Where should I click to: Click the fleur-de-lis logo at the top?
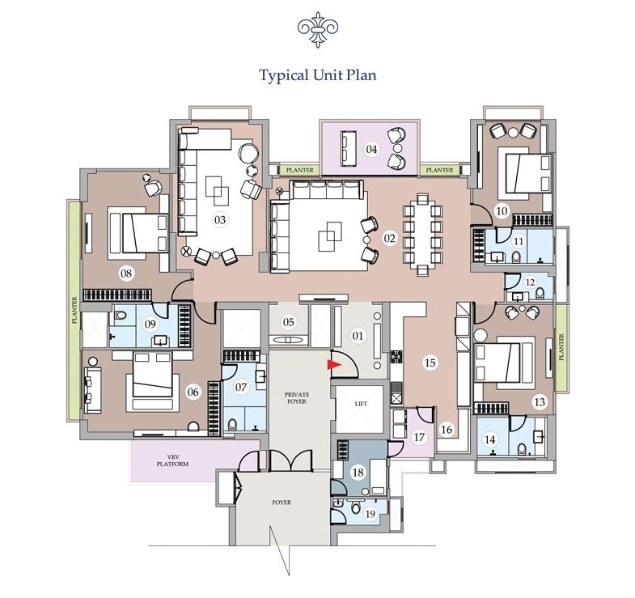(318, 29)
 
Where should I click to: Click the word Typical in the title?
(283, 75)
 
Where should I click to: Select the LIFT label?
(361, 404)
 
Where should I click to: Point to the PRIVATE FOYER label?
(297, 398)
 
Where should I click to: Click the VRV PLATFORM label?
(173, 460)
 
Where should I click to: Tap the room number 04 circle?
(371, 149)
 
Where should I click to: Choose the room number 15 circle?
(430, 363)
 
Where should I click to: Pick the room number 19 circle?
(370, 514)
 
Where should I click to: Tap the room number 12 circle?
(530, 282)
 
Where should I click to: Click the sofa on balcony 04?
(349, 148)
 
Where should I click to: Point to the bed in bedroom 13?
(504, 363)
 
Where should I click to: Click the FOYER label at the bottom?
(282, 503)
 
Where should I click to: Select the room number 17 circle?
(419, 437)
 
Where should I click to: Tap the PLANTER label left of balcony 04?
(299, 170)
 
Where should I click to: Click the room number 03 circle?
(220, 220)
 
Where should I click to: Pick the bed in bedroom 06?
(153, 382)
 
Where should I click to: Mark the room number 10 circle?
(502, 211)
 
